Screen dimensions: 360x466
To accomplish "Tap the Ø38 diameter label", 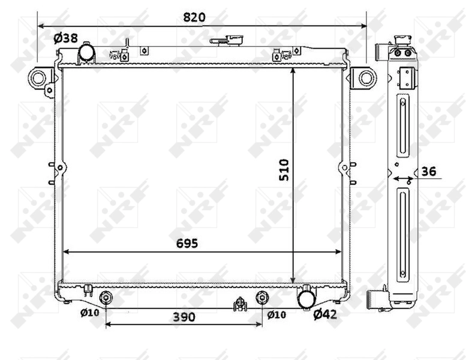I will tap(65, 38).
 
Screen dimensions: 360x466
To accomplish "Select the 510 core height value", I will tap(283, 170).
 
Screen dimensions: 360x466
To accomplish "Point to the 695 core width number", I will tap(187, 243).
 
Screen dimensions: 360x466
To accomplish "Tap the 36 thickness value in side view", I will tap(428, 172).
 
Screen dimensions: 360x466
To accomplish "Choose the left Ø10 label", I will tap(90, 313).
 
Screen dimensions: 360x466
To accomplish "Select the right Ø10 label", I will tap(276, 314).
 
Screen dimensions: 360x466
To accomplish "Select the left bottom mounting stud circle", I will tap(106, 298).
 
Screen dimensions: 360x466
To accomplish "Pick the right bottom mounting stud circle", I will tap(262, 298).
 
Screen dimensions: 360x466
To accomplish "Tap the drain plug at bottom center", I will tap(240, 304).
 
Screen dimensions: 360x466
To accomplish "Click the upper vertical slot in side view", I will tap(402, 127).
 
